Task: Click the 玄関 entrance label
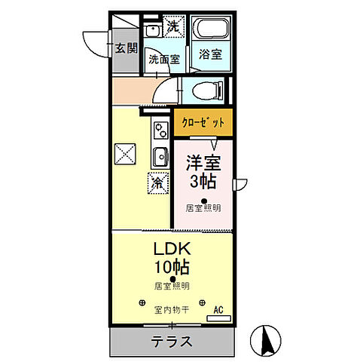(126, 49)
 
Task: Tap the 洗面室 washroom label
(163, 58)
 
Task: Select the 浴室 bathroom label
(209, 54)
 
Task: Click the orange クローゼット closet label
(203, 121)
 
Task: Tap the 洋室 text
(203, 161)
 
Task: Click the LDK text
(172, 250)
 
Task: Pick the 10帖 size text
(172, 266)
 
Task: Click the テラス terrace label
(170, 342)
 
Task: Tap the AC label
(218, 309)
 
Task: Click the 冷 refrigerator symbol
(157, 182)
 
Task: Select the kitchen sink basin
(160, 157)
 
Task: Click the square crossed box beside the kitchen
(125, 155)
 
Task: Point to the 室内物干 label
(171, 309)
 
